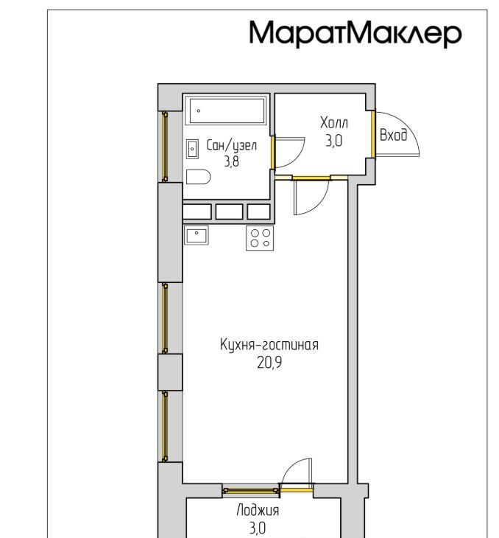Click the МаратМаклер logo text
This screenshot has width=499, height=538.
tap(355, 33)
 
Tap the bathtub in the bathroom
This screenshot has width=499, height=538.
tap(226, 111)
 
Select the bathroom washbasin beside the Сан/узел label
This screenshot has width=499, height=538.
tap(192, 149)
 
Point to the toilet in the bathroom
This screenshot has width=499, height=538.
tap(198, 177)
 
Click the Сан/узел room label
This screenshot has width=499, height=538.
tap(231, 145)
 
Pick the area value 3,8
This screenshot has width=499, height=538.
tap(232, 161)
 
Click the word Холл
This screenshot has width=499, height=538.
tap(334, 123)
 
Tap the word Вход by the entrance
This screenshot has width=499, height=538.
tap(394, 135)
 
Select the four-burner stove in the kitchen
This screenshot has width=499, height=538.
tap(260, 238)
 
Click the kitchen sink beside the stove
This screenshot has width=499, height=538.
tap(196, 235)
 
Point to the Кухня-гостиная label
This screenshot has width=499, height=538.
tap(269, 345)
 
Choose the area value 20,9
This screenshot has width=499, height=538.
tap(269, 363)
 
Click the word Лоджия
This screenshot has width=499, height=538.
tap(258, 511)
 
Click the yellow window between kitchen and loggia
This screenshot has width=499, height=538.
tap(251, 491)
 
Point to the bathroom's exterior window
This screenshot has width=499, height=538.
tap(165, 147)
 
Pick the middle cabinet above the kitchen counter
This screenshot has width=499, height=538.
tap(230, 212)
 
